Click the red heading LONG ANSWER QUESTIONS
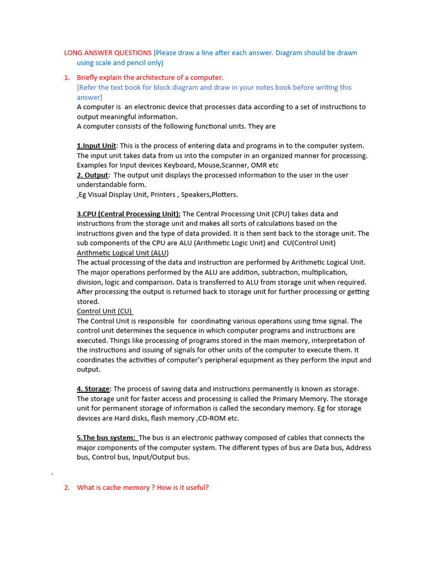pyautogui.click(x=108, y=53)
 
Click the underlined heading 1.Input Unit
pyautogui.click(x=97, y=146)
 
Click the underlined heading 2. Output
pyautogui.click(x=93, y=175)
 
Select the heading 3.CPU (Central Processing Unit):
pyautogui.click(x=129, y=214)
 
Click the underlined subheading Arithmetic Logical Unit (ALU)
pyautogui.click(x=123, y=253)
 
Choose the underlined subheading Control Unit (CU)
pyautogui.click(x=104, y=311)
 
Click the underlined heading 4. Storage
pyautogui.click(x=93, y=389)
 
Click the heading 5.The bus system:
pyautogui.click(x=106, y=438)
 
